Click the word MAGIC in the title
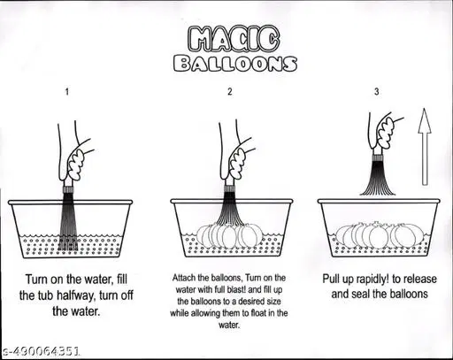coord(233,38)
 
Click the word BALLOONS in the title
coord(235,64)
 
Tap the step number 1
coord(67,92)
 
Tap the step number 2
coord(230,91)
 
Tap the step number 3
coord(377,91)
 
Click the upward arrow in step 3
coord(425,147)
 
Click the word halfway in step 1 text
coord(74,295)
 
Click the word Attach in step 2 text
coord(182,278)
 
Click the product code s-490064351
coord(41,351)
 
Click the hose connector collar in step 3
coord(377,157)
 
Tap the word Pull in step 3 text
coord(332,279)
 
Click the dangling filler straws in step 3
coord(377,179)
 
